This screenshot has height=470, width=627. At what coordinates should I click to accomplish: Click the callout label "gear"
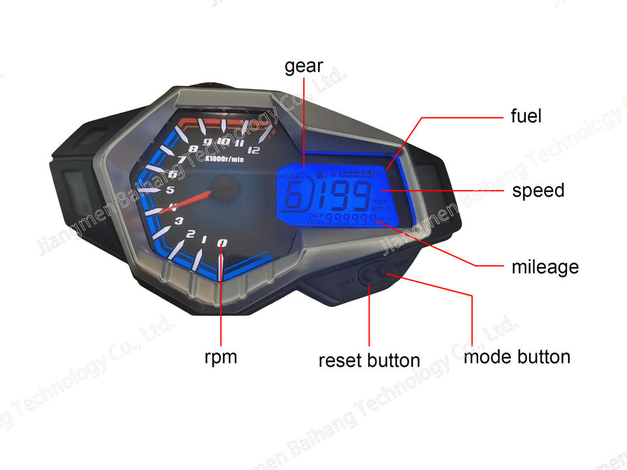pos(304,66)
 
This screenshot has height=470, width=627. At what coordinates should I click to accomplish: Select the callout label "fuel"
pos(526,116)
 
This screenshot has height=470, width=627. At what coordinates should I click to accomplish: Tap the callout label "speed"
pos(538,191)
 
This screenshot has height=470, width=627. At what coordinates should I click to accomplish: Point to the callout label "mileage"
pos(545,266)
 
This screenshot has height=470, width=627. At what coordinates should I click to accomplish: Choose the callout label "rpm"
pos(221,357)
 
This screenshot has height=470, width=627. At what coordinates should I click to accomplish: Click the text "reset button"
pos(369,360)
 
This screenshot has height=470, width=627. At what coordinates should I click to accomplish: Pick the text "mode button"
pos(517,357)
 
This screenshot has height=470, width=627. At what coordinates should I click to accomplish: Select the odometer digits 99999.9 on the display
pos(351,219)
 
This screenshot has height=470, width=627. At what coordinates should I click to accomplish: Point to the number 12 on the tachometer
pos(255,151)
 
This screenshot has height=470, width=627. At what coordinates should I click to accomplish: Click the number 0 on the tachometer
pos(222,243)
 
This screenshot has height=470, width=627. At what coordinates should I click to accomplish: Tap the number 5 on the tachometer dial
pos(170,191)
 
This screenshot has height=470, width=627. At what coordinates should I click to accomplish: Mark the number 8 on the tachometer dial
pos(193,149)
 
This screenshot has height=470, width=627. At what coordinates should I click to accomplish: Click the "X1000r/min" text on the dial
pos(223,158)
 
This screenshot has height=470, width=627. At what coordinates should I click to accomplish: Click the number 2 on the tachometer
pos(191,234)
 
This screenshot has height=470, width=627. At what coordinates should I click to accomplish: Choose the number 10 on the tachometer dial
pos(223,142)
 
